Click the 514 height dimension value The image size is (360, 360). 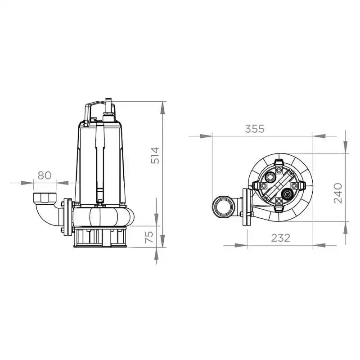coord(155,155)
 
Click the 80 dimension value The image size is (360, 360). coord(45,175)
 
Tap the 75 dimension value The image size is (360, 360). coord(149,237)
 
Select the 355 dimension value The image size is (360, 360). coord(255,129)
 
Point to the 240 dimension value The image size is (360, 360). coord(338,193)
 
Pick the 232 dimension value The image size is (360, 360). coord(280,238)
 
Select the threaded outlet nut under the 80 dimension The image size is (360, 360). coord(45,198)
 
